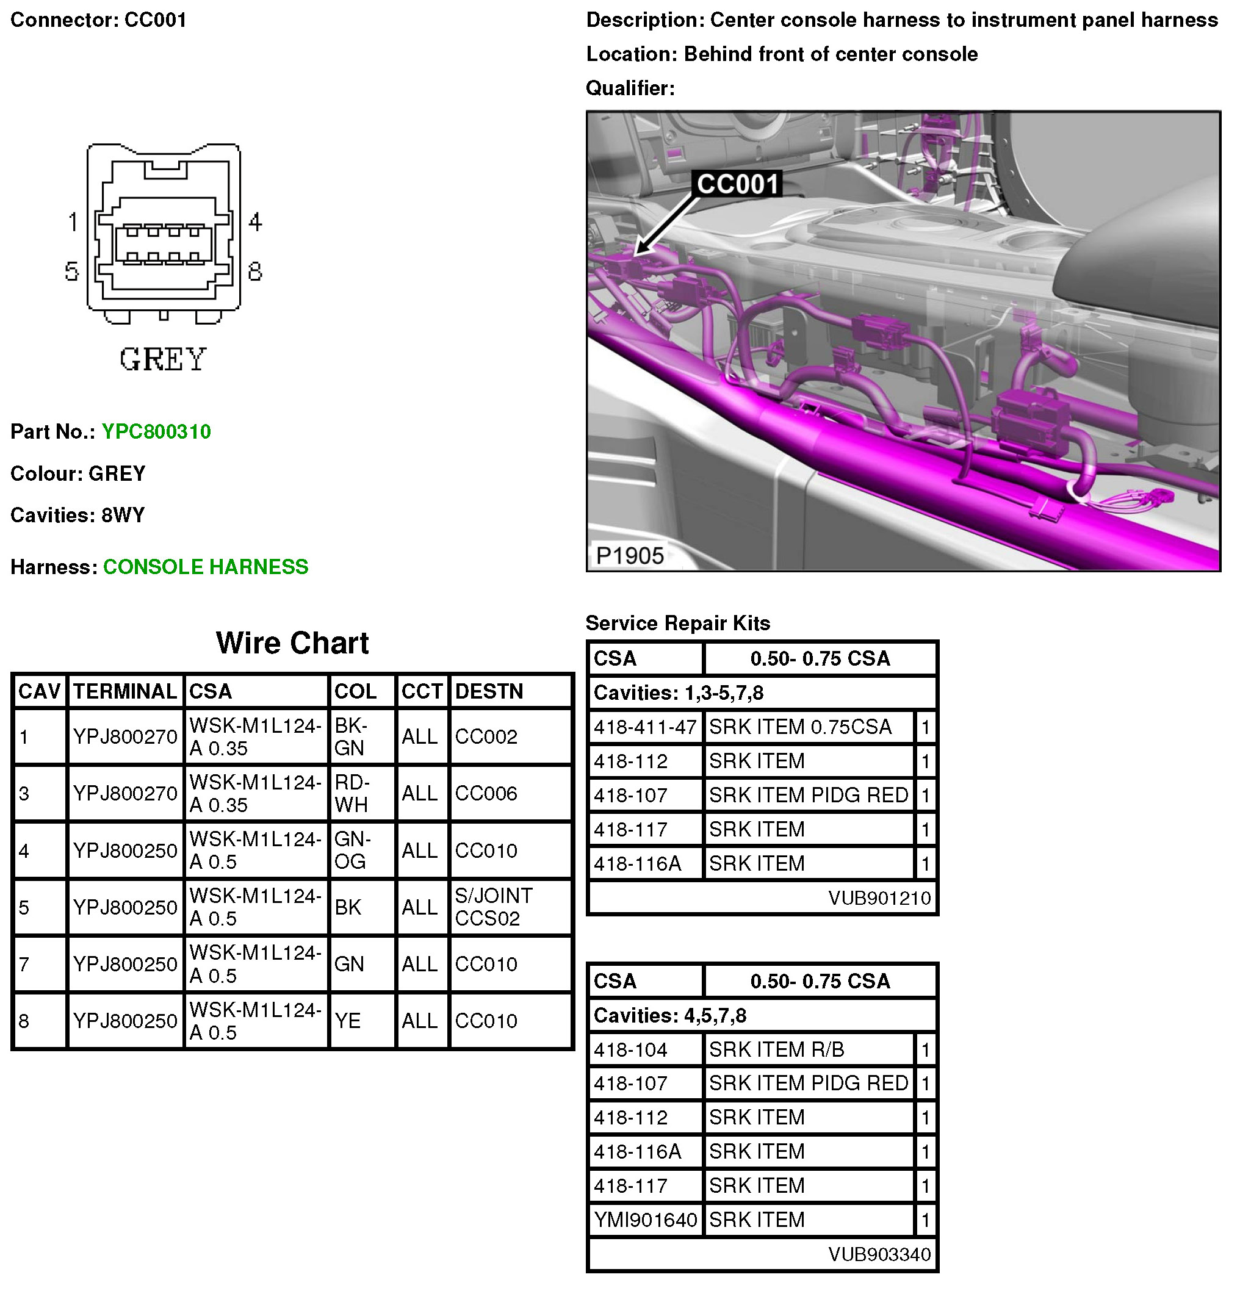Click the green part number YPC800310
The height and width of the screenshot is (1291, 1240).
coord(156,431)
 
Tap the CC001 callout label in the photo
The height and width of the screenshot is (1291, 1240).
coord(737,184)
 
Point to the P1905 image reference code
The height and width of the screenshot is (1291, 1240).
coord(629,555)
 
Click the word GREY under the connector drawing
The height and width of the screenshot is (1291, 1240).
coord(163,359)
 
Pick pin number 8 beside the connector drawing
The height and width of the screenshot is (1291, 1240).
coord(255,272)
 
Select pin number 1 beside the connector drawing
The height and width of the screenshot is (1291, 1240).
coord(73,222)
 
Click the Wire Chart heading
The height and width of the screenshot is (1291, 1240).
coord(292,643)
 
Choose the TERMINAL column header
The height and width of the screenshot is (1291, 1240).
coord(124,691)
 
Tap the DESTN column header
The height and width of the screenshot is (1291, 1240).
coord(489,691)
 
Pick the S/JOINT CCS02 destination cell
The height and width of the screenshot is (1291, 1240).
coord(494,907)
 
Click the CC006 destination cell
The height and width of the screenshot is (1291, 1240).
coord(486,793)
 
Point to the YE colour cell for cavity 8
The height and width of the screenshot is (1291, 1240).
coord(347,1020)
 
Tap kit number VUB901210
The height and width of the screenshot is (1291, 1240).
coord(879,897)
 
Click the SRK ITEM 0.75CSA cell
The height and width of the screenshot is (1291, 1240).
coord(800,727)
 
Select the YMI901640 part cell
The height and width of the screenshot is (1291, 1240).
coord(645,1220)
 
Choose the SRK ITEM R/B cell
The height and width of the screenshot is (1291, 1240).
coord(776,1049)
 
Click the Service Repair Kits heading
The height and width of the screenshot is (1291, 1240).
coord(677,623)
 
